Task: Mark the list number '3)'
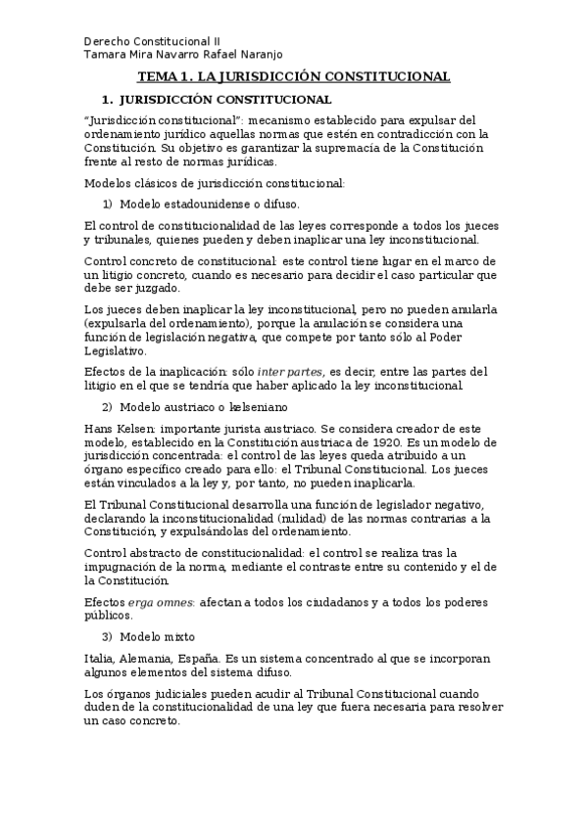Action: pos(108,636)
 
